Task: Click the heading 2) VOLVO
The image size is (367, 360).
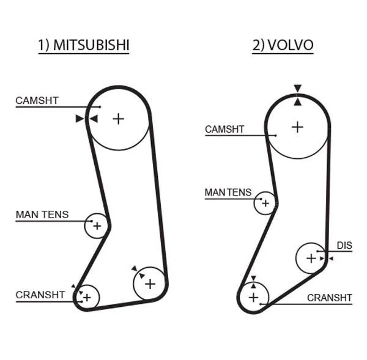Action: click(x=283, y=45)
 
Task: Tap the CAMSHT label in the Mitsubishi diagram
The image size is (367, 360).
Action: click(x=37, y=100)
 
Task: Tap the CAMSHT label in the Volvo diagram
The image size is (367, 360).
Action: click(x=224, y=130)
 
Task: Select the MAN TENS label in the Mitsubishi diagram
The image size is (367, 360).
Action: click(x=42, y=215)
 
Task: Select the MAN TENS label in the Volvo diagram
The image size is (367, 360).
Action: click(x=228, y=193)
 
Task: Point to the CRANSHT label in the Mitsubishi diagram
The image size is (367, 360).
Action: click(x=40, y=295)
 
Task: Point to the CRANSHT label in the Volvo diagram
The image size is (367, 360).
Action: click(x=329, y=298)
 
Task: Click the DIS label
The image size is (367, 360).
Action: click(x=344, y=246)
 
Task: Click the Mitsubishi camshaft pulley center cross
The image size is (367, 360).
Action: click(x=118, y=118)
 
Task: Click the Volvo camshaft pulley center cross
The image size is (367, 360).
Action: click(x=297, y=127)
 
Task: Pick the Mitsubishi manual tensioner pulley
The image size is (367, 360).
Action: click(x=96, y=226)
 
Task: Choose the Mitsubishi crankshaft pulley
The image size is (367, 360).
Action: click(x=87, y=297)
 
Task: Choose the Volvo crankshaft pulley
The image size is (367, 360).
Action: click(x=253, y=298)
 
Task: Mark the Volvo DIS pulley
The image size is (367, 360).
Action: click(x=311, y=258)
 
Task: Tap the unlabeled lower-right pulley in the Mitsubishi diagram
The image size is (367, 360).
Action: click(x=149, y=284)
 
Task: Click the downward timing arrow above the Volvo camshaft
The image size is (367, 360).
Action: click(x=297, y=89)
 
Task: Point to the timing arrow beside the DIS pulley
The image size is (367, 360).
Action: click(x=331, y=259)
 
